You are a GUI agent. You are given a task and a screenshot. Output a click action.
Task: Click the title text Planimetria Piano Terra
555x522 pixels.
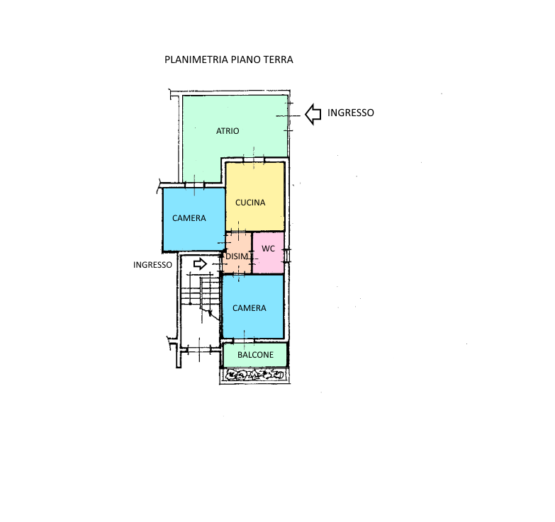[x=229, y=59]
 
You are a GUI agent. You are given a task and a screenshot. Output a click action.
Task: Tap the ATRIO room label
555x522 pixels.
[x=228, y=131]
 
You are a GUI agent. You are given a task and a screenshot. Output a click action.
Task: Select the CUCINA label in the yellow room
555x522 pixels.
[x=250, y=203]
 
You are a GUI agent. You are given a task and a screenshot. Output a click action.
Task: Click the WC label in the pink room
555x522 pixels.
[x=269, y=249]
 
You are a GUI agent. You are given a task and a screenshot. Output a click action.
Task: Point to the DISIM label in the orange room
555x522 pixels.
[x=237, y=256]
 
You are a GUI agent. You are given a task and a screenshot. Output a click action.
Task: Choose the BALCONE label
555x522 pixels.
[x=256, y=355]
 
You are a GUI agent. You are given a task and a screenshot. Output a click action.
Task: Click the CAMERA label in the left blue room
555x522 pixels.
[x=189, y=218]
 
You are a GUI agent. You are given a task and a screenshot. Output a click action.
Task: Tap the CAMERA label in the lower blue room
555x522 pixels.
[x=250, y=308]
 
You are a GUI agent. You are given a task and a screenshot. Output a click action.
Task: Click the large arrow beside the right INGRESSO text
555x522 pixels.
[x=313, y=114]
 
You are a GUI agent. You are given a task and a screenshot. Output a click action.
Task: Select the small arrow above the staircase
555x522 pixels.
[x=201, y=263]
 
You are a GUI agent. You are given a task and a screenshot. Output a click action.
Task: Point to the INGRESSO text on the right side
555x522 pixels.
[x=350, y=113]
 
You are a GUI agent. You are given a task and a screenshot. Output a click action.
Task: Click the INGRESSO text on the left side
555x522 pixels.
[x=152, y=265]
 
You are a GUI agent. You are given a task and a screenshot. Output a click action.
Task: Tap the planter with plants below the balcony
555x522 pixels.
[x=255, y=375]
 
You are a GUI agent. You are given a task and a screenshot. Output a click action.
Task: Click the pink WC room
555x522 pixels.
[x=269, y=253]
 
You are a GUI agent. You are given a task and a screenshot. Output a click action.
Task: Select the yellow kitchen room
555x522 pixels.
[x=255, y=197]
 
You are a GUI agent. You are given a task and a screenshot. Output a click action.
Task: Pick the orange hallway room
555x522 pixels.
[x=237, y=253]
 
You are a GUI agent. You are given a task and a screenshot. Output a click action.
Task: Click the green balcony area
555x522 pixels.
[x=255, y=355]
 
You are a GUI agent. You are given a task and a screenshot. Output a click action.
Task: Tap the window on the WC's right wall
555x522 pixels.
[x=287, y=256]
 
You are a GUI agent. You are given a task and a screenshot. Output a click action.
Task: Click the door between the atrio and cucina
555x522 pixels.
[x=254, y=160]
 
